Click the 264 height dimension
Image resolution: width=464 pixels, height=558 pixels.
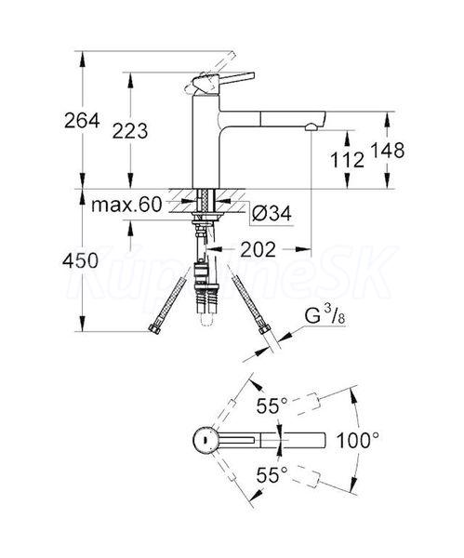point(82,121)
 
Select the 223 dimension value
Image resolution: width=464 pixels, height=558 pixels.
point(130,131)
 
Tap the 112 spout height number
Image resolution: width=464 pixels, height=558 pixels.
point(347,159)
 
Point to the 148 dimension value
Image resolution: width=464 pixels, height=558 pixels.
point(388,150)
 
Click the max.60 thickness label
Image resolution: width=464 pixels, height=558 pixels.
point(126,205)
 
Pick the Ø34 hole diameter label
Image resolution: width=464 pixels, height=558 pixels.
point(272,214)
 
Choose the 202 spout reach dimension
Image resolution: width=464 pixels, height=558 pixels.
point(259,249)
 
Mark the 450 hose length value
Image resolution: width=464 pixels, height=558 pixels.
point(80,260)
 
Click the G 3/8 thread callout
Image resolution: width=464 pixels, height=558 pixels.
point(325,315)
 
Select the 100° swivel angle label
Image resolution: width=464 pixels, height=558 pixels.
point(358,440)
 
